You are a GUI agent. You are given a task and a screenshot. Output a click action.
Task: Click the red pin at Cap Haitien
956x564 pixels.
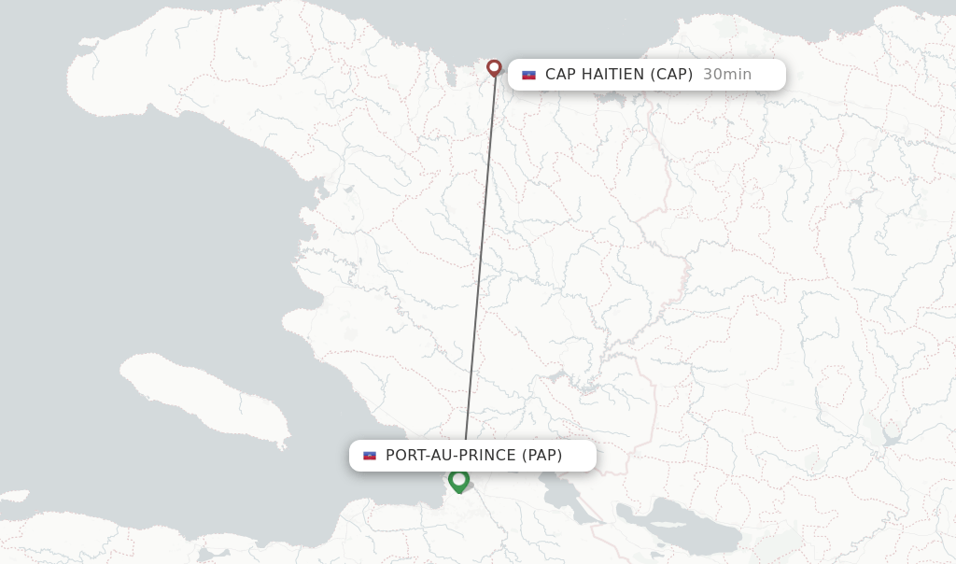pyautogui.click(x=494, y=67)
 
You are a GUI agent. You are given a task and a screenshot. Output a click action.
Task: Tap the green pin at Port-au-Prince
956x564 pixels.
pyautogui.click(x=458, y=480)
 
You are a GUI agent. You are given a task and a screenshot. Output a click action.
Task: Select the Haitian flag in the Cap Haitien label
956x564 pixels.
pyautogui.click(x=528, y=75)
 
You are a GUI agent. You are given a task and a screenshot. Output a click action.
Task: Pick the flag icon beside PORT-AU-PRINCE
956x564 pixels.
pyautogui.click(x=370, y=456)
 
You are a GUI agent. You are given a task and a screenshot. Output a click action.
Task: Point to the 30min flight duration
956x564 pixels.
pyautogui.click(x=726, y=75)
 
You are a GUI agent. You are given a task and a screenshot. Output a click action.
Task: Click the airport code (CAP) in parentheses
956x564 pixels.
pyautogui.click(x=672, y=75)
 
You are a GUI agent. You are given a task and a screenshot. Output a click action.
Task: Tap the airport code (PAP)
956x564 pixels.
pyautogui.click(x=541, y=456)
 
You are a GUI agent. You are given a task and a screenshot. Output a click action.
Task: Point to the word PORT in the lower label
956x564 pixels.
pyautogui.click(x=405, y=456)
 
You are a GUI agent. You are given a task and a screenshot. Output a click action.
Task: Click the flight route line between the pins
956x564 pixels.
pyautogui.click(x=480, y=261)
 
